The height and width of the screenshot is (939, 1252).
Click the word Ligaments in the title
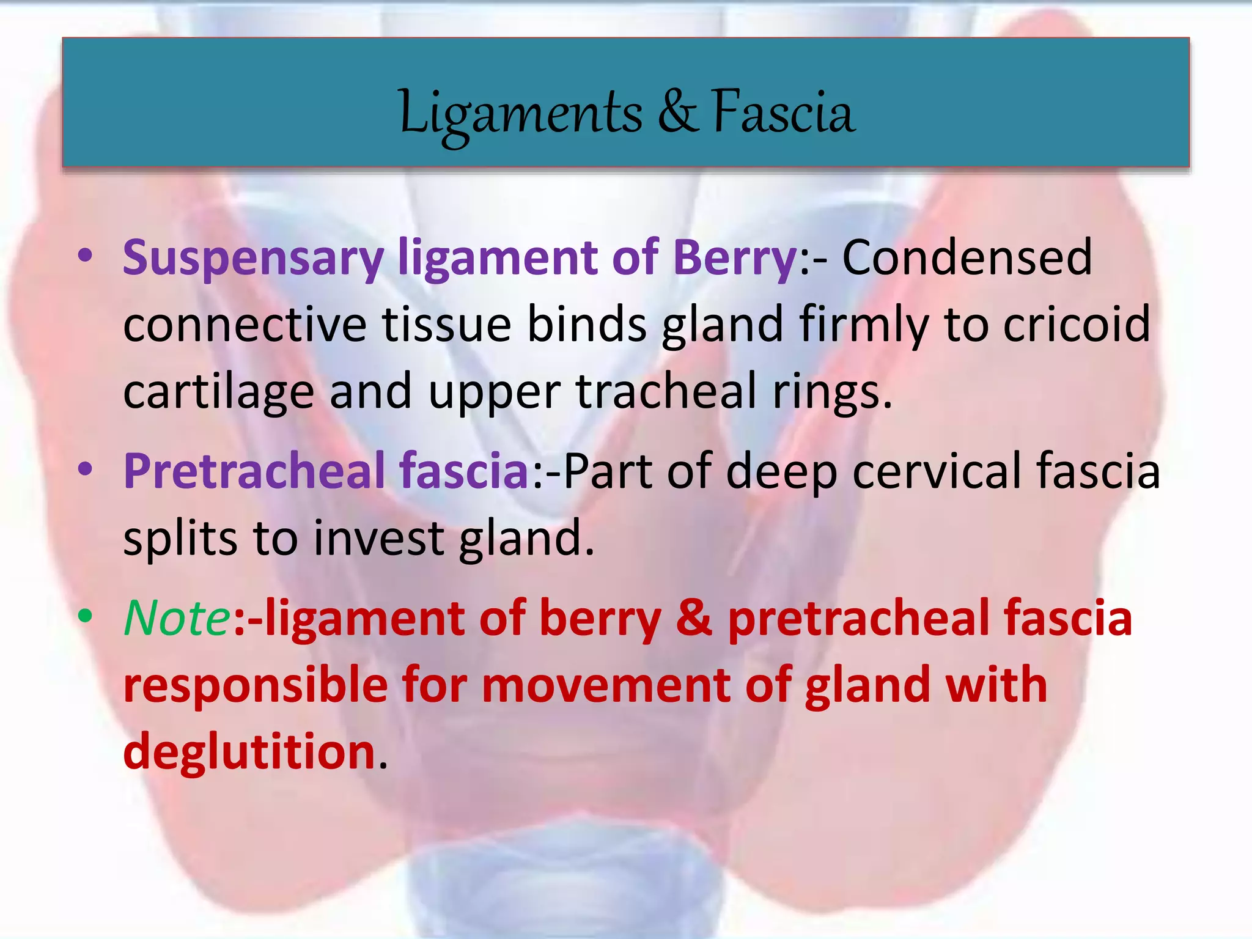click(520, 113)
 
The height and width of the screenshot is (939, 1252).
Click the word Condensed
click(967, 257)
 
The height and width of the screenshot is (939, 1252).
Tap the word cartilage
click(218, 392)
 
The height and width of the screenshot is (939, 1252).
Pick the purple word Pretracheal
click(254, 471)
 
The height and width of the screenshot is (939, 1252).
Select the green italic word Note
click(177, 618)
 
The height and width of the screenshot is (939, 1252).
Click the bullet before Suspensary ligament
click(86, 256)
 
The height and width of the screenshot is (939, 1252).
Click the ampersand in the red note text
click(694, 618)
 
